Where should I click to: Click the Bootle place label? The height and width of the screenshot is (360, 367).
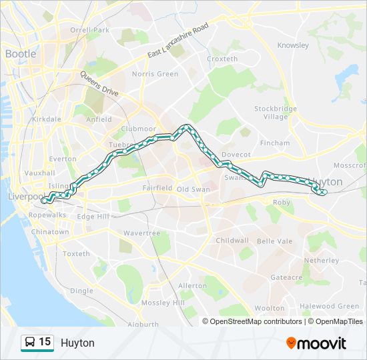click(21, 53)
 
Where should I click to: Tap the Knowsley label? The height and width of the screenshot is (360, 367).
click(293, 46)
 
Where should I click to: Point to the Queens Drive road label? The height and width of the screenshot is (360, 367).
click(99, 84)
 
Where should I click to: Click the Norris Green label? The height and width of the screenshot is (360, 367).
click(155, 74)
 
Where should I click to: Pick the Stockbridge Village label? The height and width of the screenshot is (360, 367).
click(275, 112)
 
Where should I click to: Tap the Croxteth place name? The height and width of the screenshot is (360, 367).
click(222, 59)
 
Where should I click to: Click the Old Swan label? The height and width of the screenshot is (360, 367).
click(193, 189)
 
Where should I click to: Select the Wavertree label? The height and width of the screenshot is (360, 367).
click(141, 233)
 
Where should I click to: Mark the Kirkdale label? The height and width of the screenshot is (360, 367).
click(46, 119)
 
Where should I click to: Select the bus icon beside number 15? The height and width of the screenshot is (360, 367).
click(30, 343)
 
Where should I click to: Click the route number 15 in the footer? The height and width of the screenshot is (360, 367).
click(45, 342)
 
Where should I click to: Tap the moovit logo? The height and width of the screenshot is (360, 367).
click(316, 343)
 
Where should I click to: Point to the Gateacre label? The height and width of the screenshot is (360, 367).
click(286, 277)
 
